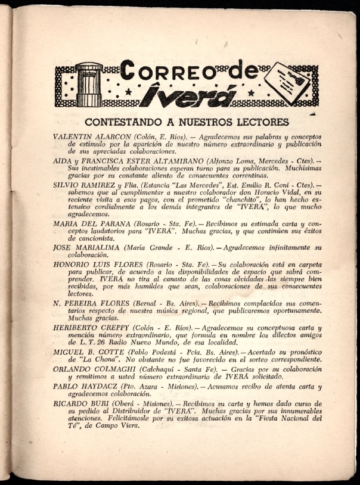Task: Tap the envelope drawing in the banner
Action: click(287, 82)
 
